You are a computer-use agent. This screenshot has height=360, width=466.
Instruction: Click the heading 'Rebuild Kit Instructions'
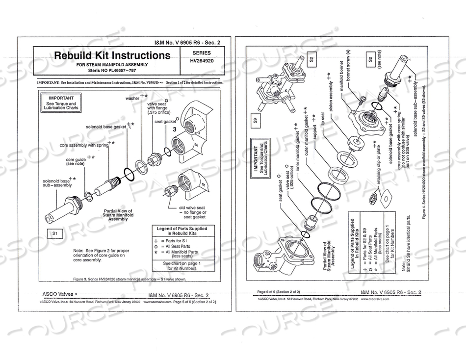click(112, 55)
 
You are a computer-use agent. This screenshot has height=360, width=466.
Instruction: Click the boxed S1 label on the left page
click(55, 234)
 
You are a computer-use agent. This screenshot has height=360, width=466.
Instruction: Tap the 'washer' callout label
click(132, 98)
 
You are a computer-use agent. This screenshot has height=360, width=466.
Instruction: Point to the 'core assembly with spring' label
click(84, 145)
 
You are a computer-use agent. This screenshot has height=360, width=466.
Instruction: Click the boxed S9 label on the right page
click(255, 119)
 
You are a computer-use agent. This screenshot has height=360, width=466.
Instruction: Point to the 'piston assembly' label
click(331, 96)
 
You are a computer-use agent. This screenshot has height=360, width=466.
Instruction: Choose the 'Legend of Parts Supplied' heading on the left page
click(182, 231)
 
